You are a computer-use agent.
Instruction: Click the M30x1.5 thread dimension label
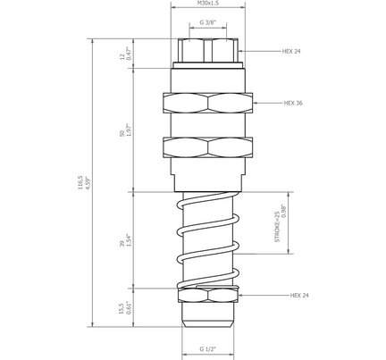click(208, 3)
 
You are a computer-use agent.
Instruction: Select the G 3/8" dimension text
click(207, 22)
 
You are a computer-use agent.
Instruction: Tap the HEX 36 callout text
click(293, 103)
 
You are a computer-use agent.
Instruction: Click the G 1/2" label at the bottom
click(207, 349)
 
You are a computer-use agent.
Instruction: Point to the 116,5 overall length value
click(80, 183)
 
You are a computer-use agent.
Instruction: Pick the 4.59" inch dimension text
click(88, 183)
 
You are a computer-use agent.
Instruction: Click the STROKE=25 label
click(277, 227)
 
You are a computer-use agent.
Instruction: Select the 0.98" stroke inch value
click(284, 211)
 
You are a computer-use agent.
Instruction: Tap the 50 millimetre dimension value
click(122, 134)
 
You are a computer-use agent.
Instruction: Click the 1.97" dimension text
click(129, 130)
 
